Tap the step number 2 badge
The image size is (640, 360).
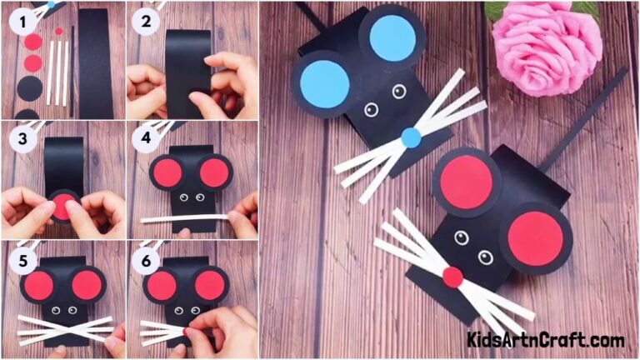[x=147, y=22]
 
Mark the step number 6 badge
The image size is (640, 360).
[x=147, y=260]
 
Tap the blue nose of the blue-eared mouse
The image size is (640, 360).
[x=410, y=138]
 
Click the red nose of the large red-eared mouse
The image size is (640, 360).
[x=452, y=277]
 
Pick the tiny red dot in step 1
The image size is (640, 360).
[x=58, y=32]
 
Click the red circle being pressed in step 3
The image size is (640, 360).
[x=62, y=206]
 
